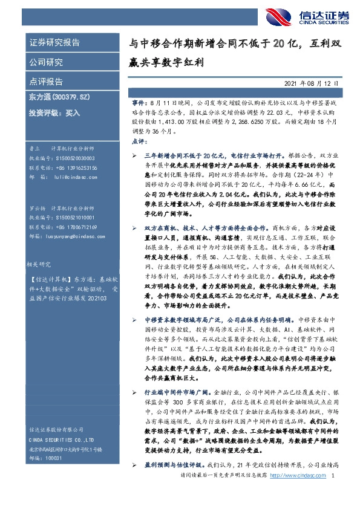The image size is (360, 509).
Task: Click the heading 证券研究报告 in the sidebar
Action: (x=54, y=43)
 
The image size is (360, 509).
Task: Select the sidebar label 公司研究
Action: (x=46, y=62)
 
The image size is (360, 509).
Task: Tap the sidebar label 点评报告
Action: (x=46, y=81)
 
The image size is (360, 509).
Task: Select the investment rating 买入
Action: (x=72, y=112)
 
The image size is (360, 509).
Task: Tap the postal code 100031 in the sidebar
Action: (x=53, y=459)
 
